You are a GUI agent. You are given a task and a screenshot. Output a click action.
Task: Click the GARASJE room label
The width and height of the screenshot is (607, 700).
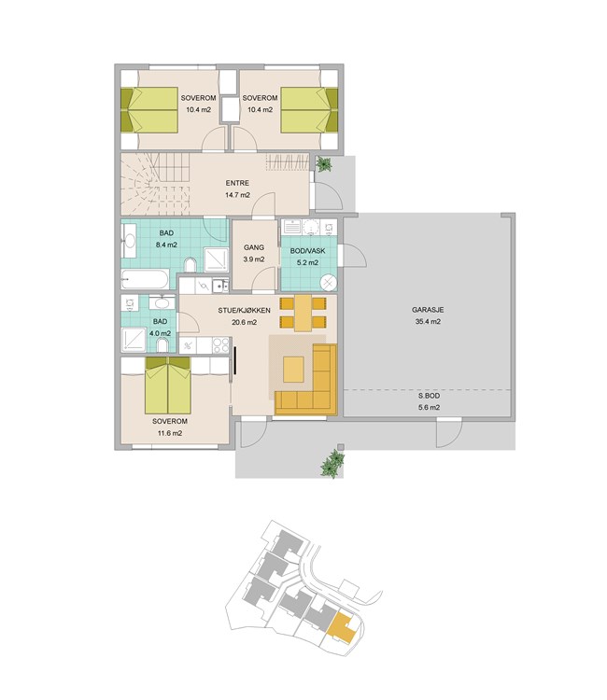428,310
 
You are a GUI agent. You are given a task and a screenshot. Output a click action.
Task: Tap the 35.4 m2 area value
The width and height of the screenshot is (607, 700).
428,321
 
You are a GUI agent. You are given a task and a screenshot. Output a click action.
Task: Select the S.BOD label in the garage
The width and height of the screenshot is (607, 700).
429,396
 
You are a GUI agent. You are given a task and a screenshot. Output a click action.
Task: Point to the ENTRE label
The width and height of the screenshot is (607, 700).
237,183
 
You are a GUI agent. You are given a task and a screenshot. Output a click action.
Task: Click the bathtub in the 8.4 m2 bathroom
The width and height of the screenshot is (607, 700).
145,279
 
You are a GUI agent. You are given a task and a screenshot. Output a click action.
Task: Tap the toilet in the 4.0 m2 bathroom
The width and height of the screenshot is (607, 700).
162,344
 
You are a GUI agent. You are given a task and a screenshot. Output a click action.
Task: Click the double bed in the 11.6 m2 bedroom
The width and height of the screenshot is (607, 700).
167,385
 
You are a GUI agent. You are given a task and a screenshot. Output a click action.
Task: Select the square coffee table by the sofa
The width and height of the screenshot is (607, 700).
293,370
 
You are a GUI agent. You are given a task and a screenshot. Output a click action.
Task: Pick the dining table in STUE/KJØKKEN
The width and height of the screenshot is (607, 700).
303,313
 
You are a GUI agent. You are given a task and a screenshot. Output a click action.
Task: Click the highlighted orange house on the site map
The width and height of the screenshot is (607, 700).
342,628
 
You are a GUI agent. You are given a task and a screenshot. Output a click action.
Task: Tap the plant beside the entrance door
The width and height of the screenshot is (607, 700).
323,164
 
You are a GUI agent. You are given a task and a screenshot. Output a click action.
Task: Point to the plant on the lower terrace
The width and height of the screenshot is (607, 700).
332,464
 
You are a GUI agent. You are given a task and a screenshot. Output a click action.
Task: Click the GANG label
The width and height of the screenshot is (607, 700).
254,247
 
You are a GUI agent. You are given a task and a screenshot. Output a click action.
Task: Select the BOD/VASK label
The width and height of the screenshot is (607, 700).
308,251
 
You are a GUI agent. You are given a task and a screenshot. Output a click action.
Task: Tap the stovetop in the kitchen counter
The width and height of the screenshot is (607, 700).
220,345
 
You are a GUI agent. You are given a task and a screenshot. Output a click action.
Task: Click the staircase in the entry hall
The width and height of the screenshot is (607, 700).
155,184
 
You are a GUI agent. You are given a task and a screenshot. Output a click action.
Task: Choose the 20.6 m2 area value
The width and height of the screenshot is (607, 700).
245,322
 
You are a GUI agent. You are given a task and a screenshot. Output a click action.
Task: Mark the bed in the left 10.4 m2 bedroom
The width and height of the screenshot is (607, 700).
149,110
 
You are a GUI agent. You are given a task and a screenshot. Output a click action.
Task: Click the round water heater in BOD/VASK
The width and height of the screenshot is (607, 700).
330,283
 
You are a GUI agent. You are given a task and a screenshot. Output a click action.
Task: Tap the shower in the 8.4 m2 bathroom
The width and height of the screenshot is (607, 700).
216,259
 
